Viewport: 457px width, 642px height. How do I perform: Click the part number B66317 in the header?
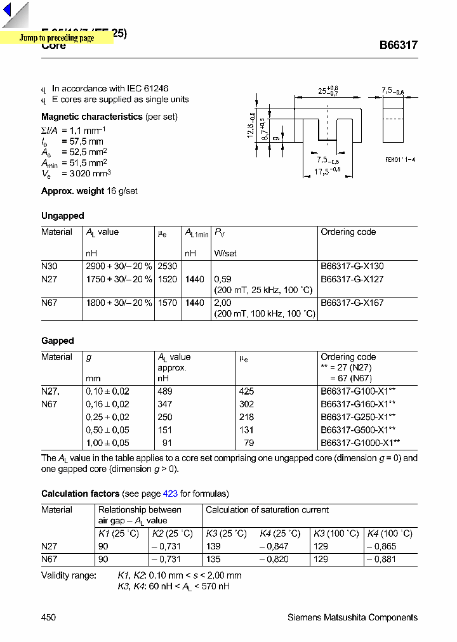(398, 46)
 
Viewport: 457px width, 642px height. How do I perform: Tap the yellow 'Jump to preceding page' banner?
(56, 38)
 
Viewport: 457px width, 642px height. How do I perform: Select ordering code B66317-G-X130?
(352, 266)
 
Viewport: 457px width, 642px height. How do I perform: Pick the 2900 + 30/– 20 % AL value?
(119, 266)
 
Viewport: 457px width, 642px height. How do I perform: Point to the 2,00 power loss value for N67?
(222, 303)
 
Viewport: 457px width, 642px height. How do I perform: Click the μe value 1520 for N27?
(167, 279)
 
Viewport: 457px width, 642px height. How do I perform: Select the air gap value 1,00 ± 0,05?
(107, 443)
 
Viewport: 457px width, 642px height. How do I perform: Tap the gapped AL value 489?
(165, 391)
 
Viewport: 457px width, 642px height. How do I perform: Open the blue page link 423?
(170, 494)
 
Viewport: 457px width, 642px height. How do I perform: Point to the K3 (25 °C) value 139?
(214, 546)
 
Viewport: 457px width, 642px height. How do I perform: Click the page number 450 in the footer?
(48, 617)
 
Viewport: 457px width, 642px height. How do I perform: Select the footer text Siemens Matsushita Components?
(352, 617)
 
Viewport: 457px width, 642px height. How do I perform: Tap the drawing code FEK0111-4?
(400, 160)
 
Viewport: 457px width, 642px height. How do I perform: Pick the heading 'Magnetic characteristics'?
(91, 117)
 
